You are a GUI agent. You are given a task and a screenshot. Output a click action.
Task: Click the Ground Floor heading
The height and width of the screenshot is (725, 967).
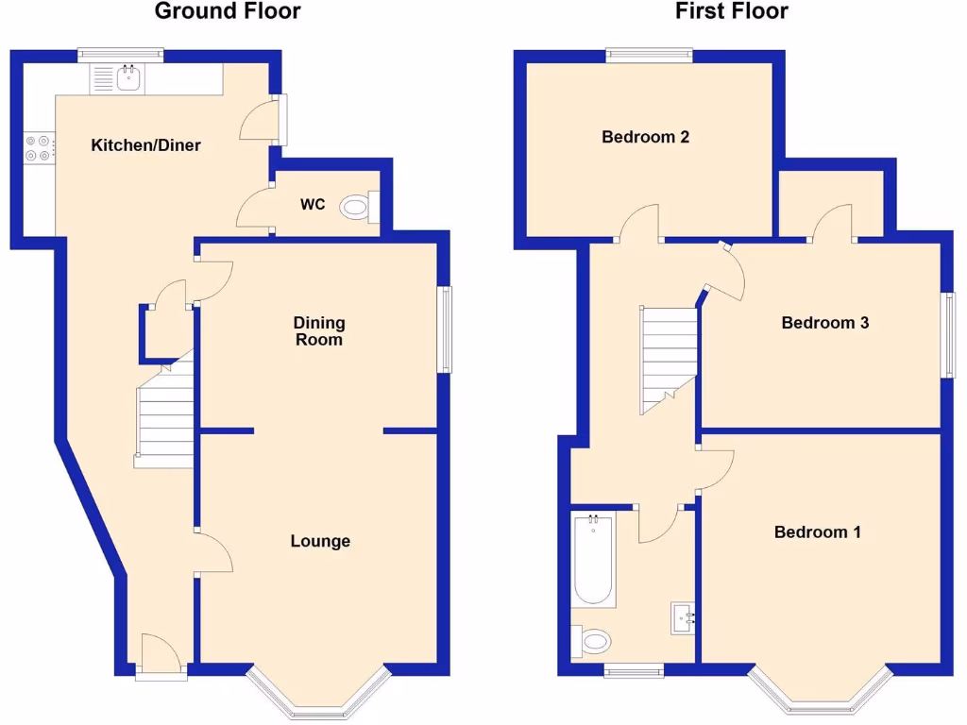pyautogui.click(x=228, y=12)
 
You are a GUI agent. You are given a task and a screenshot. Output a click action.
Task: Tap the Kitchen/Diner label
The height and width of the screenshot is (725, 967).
pyautogui.click(x=145, y=145)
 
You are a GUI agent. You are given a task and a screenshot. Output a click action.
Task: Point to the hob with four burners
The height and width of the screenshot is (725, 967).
pyautogui.click(x=39, y=148)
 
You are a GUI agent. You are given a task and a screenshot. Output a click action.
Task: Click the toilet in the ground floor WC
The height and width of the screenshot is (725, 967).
pyautogui.click(x=358, y=206)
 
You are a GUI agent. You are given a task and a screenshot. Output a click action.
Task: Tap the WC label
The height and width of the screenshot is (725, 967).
pyautogui.click(x=313, y=204)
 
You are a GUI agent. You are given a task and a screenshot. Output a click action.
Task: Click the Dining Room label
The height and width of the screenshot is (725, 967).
pyautogui.click(x=319, y=331)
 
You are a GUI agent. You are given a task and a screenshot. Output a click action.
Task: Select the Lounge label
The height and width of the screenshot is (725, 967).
pyautogui.click(x=320, y=541)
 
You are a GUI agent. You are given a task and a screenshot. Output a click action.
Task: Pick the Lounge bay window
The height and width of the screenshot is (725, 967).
pyautogui.click(x=318, y=696)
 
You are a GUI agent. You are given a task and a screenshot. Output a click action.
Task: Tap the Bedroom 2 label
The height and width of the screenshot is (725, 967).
pyautogui.click(x=645, y=137)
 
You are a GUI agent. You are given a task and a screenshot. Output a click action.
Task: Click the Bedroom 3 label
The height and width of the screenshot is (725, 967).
pyautogui.click(x=824, y=323)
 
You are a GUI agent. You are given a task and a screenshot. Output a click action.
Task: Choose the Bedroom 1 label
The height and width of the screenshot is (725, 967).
pyautogui.click(x=817, y=532)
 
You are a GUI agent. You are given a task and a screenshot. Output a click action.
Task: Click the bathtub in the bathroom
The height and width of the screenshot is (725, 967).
pyautogui.click(x=594, y=559)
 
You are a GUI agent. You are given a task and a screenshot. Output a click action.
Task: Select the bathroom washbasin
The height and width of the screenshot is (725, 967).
pyautogui.click(x=684, y=617)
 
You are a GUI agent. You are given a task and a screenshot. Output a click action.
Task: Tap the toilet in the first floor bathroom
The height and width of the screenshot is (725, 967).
pyautogui.click(x=593, y=642)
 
